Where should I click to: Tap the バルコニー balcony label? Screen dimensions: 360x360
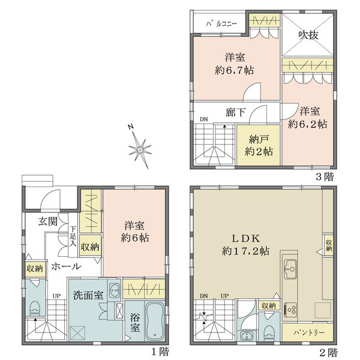pos(221,23)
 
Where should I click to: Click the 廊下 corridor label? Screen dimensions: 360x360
pos(235,112)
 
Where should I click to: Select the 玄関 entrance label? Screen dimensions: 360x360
pos(49,221)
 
